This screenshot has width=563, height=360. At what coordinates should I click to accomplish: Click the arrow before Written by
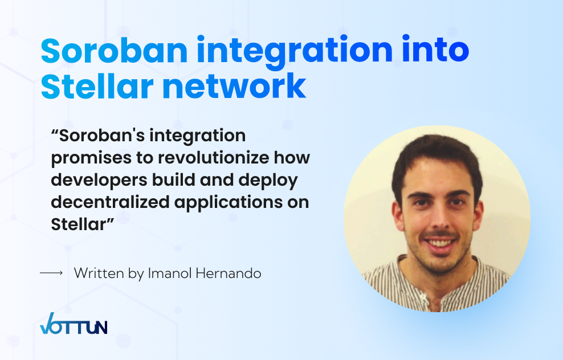(x=51, y=273)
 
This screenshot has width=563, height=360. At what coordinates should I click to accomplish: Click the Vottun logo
(x=74, y=324)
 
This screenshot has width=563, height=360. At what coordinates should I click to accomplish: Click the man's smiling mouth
(x=440, y=243)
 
